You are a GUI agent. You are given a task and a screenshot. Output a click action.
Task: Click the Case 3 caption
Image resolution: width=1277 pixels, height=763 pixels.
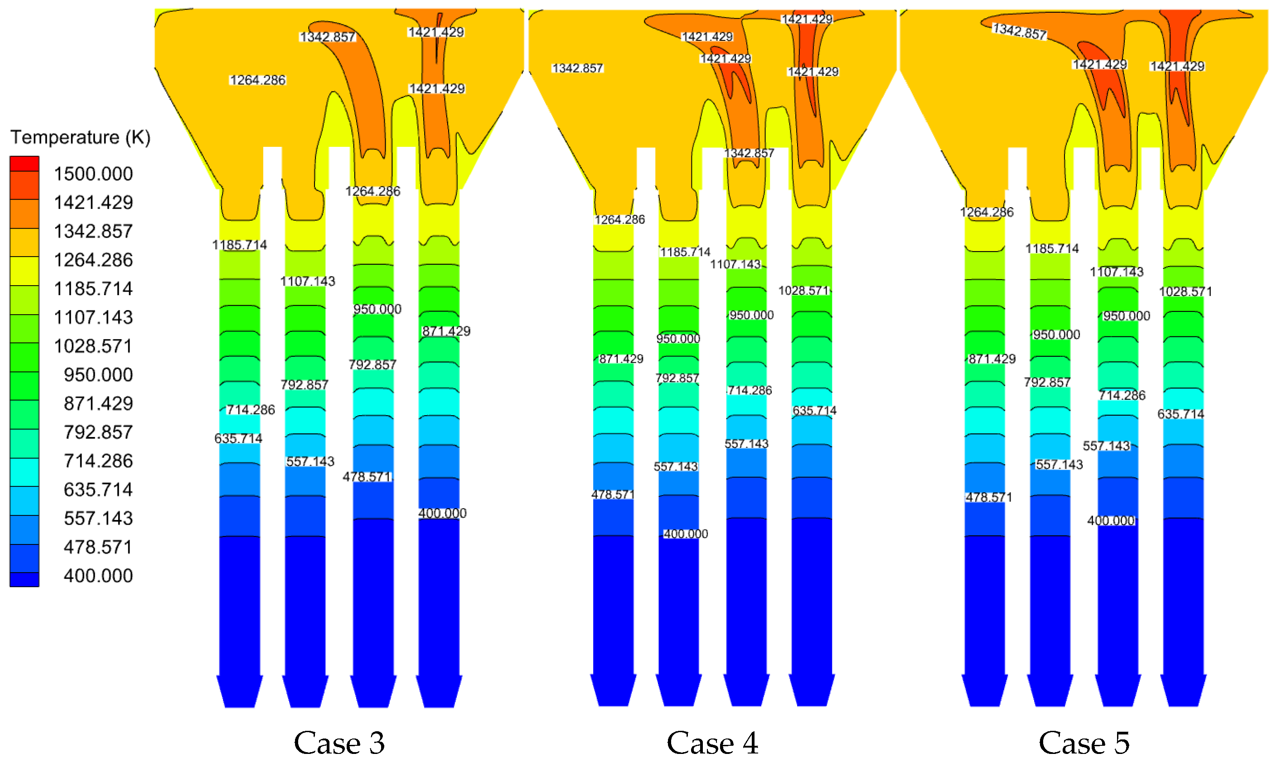(x=339, y=743)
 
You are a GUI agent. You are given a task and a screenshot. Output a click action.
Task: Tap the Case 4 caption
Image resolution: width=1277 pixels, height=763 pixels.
(x=712, y=743)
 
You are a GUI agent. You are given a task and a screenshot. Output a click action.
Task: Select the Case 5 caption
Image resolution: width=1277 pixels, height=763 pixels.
(x=1084, y=743)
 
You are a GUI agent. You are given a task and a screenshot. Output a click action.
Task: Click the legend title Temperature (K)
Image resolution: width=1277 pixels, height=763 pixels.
(x=80, y=137)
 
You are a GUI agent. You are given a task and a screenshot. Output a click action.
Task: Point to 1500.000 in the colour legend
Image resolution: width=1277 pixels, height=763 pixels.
(x=93, y=174)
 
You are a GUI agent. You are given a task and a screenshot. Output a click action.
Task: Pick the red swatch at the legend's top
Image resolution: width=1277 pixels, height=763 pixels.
(x=24, y=164)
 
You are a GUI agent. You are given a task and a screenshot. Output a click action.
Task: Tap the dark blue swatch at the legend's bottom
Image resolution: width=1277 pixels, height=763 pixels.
(x=24, y=579)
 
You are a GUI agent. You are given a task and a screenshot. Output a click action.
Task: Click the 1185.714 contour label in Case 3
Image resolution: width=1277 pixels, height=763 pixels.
(x=239, y=245)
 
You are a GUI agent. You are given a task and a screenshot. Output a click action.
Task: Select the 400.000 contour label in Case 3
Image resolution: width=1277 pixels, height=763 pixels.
(x=442, y=513)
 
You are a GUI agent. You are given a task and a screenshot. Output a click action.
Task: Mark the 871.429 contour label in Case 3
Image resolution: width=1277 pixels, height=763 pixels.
(x=446, y=331)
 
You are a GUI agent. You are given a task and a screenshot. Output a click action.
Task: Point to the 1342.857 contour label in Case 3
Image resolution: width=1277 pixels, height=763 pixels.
(x=327, y=37)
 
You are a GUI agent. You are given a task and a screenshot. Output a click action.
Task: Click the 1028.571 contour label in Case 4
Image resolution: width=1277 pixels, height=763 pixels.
(x=804, y=291)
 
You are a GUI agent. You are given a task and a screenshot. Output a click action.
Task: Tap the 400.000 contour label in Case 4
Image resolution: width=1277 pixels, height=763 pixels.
(x=685, y=534)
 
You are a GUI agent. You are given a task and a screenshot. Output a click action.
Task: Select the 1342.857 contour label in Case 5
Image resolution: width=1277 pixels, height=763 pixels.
(x=1019, y=31)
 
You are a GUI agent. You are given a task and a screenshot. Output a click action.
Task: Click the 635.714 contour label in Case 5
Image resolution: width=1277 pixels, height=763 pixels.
(x=1180, y=414)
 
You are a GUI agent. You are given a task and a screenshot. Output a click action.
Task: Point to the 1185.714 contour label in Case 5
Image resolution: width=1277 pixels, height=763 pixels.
(x=1052, y=249)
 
